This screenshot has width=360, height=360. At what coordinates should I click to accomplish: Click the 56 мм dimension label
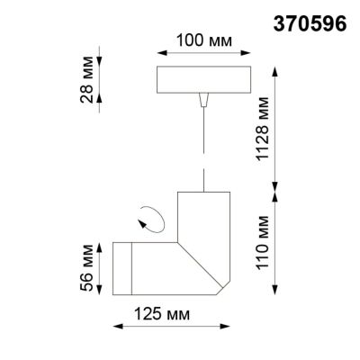point(87,267)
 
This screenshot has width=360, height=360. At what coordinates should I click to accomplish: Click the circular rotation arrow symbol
point(150,217)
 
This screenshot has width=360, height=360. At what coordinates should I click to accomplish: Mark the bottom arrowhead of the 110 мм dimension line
point(277,294)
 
